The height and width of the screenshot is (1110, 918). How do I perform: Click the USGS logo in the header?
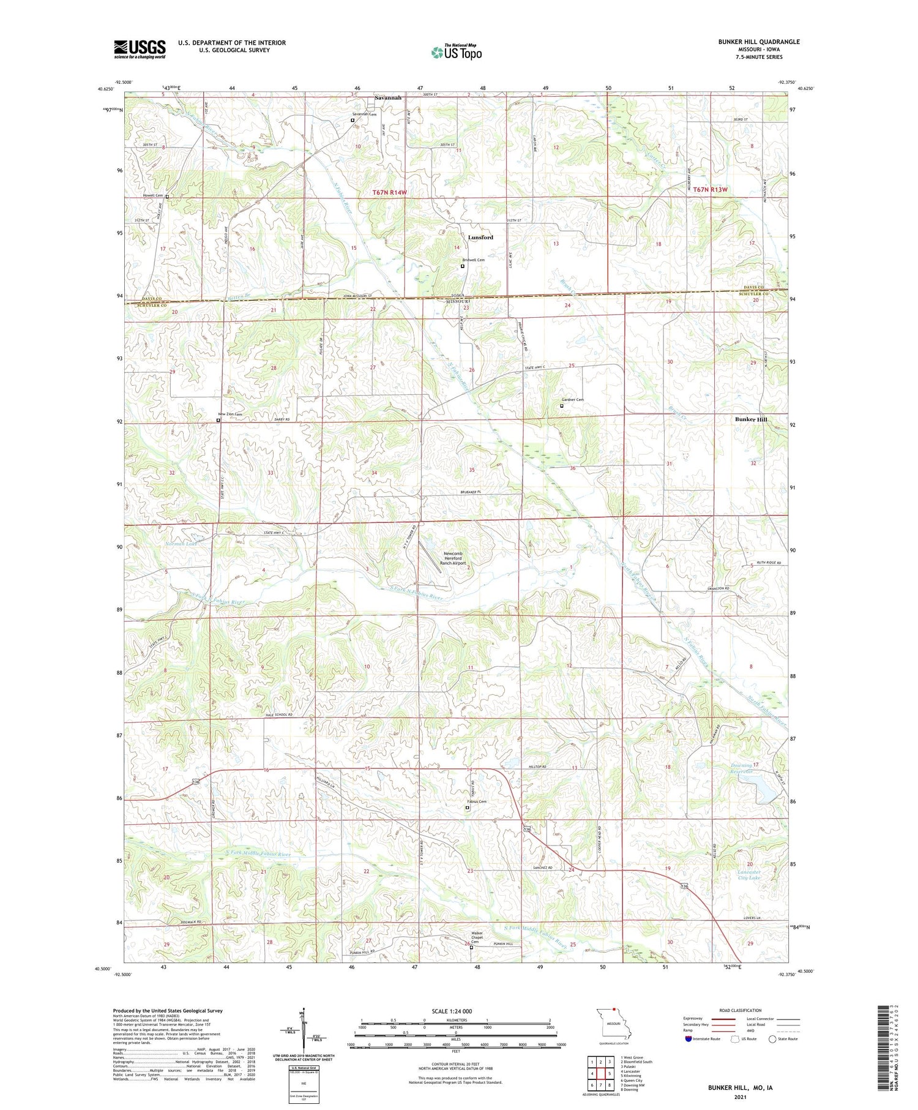click(140, 49)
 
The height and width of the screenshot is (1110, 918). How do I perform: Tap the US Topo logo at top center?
click(456, 53)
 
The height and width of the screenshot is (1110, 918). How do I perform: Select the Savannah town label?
click(388, 98)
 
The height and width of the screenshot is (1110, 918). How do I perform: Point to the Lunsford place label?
click(480, 237)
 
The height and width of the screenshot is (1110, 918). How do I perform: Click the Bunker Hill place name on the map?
click(751, 419)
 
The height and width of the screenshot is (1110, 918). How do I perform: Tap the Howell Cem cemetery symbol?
click(167, 197)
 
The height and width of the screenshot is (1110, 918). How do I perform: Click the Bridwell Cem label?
click(473, 260)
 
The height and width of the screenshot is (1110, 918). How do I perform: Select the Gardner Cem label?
click(573, 400)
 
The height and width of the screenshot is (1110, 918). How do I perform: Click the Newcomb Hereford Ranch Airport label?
click(455, 558)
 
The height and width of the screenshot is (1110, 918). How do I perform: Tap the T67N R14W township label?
click(390, 192)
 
